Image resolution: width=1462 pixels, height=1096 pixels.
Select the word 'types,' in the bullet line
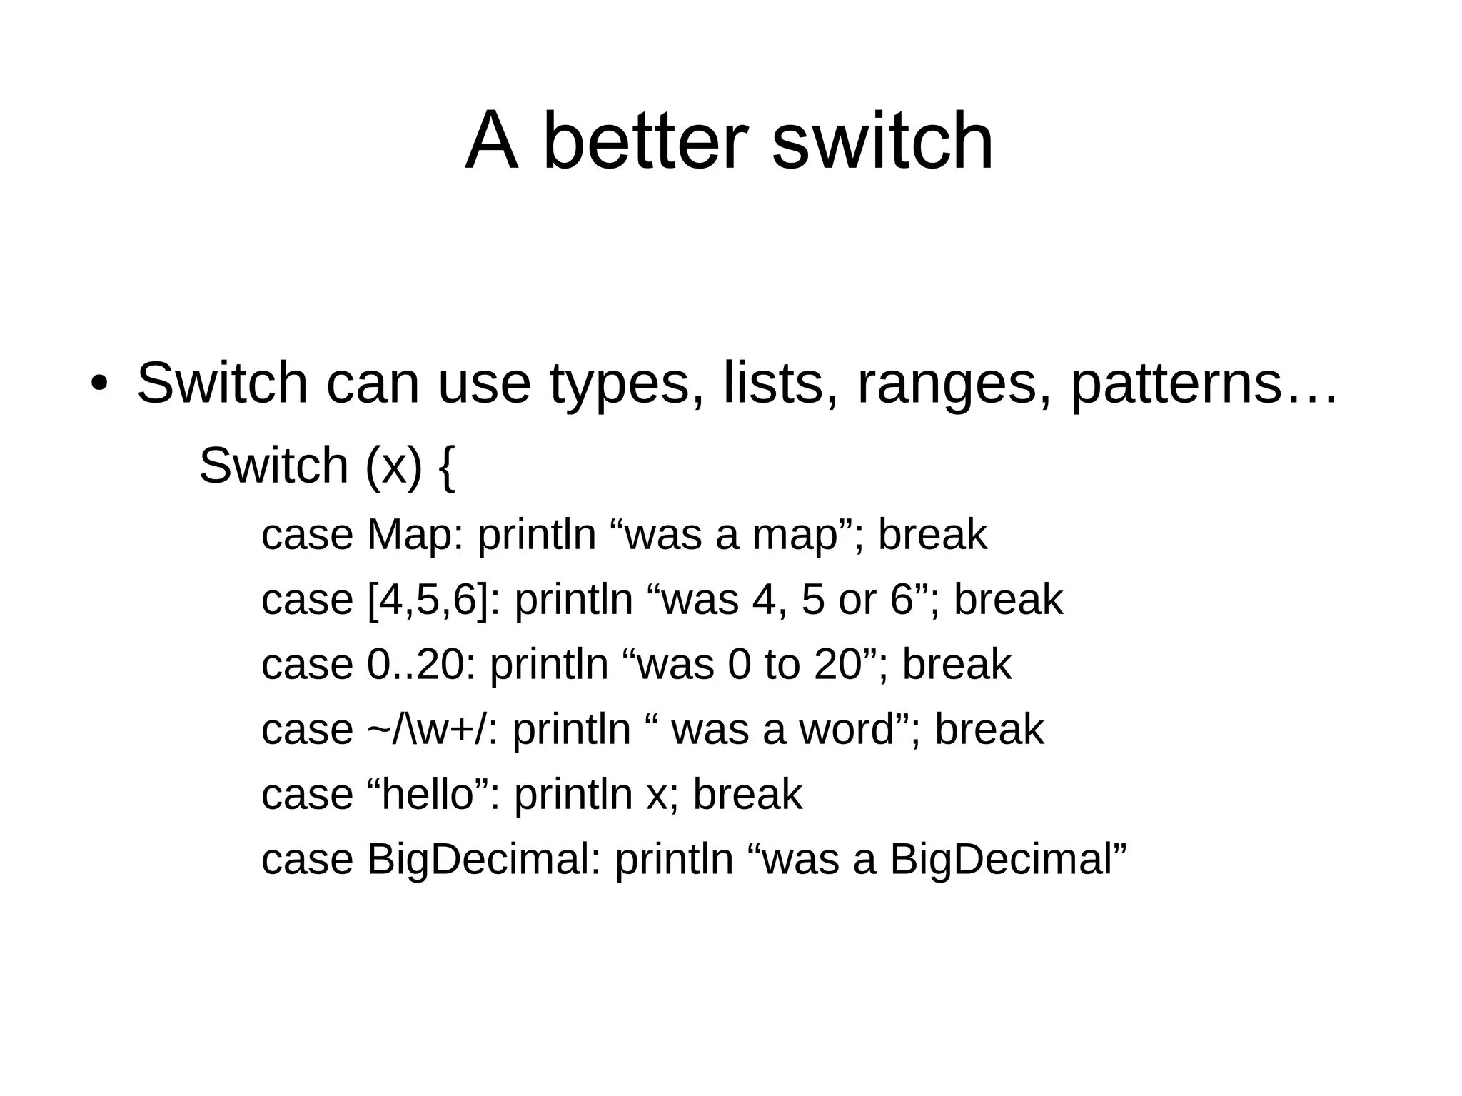[627, 384]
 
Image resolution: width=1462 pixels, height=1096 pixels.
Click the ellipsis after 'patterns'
[1309, 396]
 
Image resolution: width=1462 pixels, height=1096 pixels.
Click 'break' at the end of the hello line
[747, 794]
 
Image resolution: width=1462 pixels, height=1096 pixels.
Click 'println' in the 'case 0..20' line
[548, 665]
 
